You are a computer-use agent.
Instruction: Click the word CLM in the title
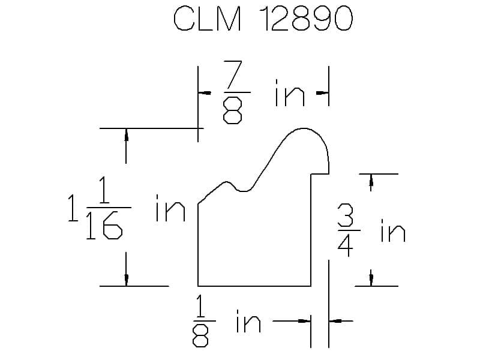[x=208, y=20]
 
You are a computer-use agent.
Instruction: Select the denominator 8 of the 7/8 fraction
[x=232, y=112]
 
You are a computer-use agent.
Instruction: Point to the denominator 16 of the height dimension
[x=105, y=227]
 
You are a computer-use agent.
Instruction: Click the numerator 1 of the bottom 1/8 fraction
[x=201, y=307]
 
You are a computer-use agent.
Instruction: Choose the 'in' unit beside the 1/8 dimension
[x=248, y=322]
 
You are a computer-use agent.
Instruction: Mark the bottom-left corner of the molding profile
[x=199, y=286]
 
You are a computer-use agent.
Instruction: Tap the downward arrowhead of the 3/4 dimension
[x=371, y=278]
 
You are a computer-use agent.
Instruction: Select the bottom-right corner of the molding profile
[x=310, y=286]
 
